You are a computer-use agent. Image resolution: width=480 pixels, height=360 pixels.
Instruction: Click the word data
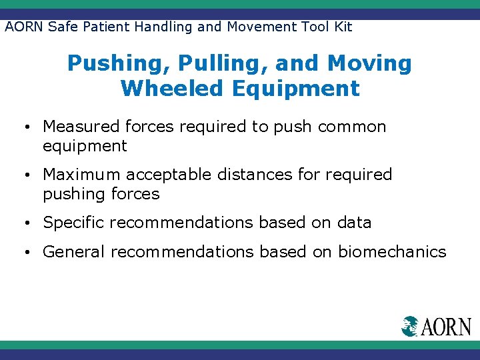tap(355, 223)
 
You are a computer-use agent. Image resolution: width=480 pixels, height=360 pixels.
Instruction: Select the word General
tap(74, 252)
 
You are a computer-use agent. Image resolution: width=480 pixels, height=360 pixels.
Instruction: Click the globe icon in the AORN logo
tap(409, 326)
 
